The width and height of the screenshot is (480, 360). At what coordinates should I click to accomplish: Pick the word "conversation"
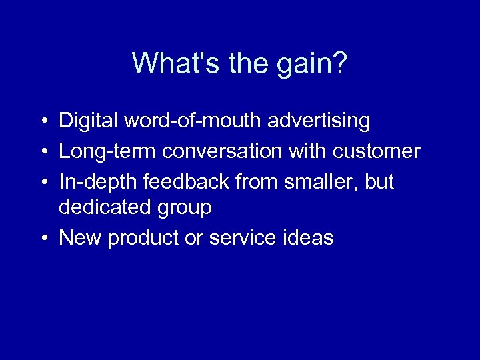(223, 151)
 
